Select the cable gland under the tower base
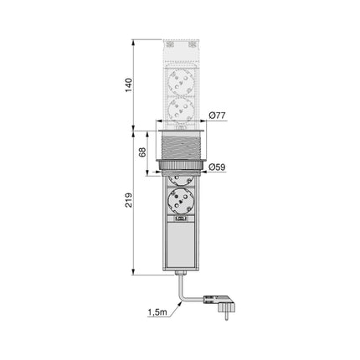click(x=179, y=275)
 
